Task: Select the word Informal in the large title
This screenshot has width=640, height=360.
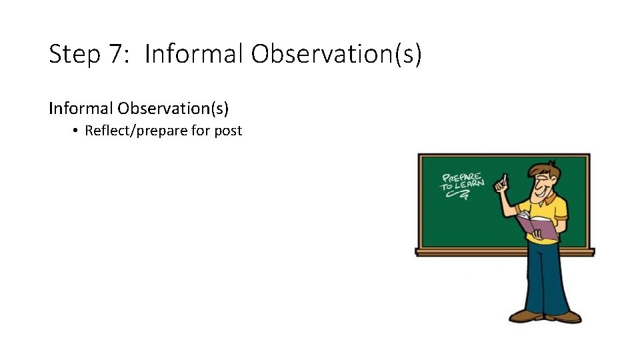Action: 194,54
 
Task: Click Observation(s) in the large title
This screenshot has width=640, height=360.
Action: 337,54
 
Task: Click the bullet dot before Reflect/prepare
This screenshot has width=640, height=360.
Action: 77,131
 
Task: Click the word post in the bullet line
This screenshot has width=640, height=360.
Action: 228,131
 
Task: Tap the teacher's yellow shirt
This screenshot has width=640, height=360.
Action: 551,210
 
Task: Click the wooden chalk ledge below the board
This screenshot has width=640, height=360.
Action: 467,252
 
